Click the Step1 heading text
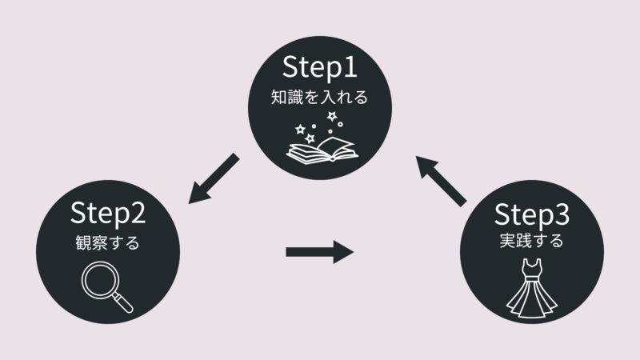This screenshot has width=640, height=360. click(x=320, y=70)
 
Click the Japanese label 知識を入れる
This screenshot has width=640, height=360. click(x=320, y=100)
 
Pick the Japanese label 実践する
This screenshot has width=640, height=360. click(x=531, y=241)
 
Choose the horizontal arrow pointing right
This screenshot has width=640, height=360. click(x=319, y=253)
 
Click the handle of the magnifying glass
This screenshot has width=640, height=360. click(x=123, y=302)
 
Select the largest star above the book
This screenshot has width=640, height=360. click(x=331, y=118)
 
